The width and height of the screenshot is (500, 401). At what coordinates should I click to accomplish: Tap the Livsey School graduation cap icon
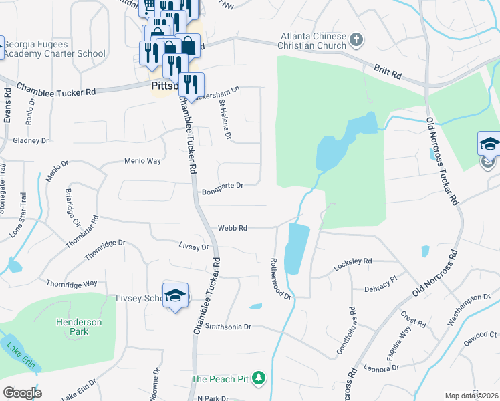click(176, 296)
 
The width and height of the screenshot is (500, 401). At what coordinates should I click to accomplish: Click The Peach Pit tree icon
click(259, 379)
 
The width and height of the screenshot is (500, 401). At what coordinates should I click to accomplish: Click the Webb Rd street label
click(233, 228)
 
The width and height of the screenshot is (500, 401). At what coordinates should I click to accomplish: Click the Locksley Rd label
click(352, 261)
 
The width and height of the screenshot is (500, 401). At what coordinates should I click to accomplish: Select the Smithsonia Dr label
click(227, 327)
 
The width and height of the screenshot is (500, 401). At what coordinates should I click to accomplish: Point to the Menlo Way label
click(143, 161)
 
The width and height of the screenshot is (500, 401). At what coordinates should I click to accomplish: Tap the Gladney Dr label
click(31, 141)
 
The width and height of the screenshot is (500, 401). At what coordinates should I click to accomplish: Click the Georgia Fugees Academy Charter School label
click(54, 49)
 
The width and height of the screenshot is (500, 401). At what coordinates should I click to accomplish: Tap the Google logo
click(22, 392)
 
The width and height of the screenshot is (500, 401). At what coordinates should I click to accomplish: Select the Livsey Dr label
click(194, 247)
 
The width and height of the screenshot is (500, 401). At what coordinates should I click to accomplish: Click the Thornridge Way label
click(72, 284)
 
